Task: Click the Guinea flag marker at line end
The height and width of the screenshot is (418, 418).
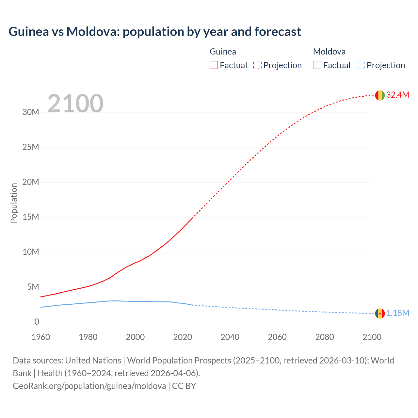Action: click(x=380, y=95)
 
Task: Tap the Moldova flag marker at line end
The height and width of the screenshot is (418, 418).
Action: click(x=380, y=313)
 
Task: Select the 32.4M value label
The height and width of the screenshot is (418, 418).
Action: click(x=397, y=95)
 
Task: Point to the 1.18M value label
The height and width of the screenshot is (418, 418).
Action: click(x=398, y=313)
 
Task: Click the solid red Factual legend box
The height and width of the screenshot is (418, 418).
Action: click(x=214, y=65)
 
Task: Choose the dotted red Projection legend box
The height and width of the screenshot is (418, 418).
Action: click(x=257, y=65)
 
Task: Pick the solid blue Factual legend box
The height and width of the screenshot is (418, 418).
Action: click(x=317, y=65)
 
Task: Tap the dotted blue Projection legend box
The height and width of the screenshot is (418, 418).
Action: click(x=361, y=65)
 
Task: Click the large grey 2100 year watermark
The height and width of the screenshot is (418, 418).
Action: click(x=75, y=104)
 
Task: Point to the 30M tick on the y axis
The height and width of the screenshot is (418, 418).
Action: click(x=31, y=112)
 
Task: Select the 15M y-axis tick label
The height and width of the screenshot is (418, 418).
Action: click(x=31, y=217)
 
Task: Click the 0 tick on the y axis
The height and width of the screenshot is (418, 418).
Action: click(x=37, y=322)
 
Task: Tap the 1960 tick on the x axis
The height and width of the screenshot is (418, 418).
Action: click(x=41, y=337)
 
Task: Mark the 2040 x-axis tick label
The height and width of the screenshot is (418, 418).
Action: click(x=230, y=337)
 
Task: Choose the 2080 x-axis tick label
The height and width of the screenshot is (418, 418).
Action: click(x=325, y=337)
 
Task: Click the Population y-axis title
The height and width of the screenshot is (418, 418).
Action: click(x=14, y=203)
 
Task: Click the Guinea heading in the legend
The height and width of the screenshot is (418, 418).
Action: click(x=223, y=52)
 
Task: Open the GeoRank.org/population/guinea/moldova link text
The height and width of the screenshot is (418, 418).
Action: click(x=89, y=386)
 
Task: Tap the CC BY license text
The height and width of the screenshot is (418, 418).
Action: click(x=184, y=386)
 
